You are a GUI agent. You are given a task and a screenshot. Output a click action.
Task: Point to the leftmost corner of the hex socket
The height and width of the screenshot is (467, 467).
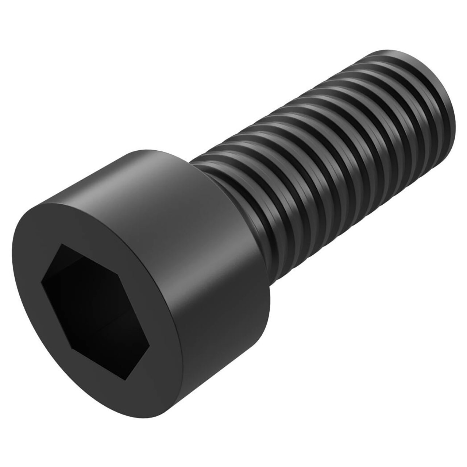[x=42, y=280]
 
